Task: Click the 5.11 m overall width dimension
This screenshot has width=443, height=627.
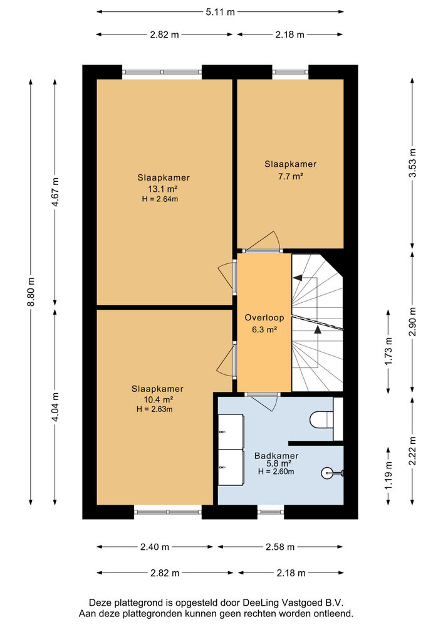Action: click(221, 11)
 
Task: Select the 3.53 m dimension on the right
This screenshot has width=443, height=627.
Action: click(412, 162)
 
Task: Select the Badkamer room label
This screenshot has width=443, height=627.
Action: click(276, 455)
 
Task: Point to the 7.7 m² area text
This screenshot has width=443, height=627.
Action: click(290, 176)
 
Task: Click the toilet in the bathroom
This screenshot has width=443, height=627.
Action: click(323, 419)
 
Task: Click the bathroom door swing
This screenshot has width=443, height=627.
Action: click(267, 402)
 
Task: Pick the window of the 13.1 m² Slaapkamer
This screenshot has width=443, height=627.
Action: click(162, 72)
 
